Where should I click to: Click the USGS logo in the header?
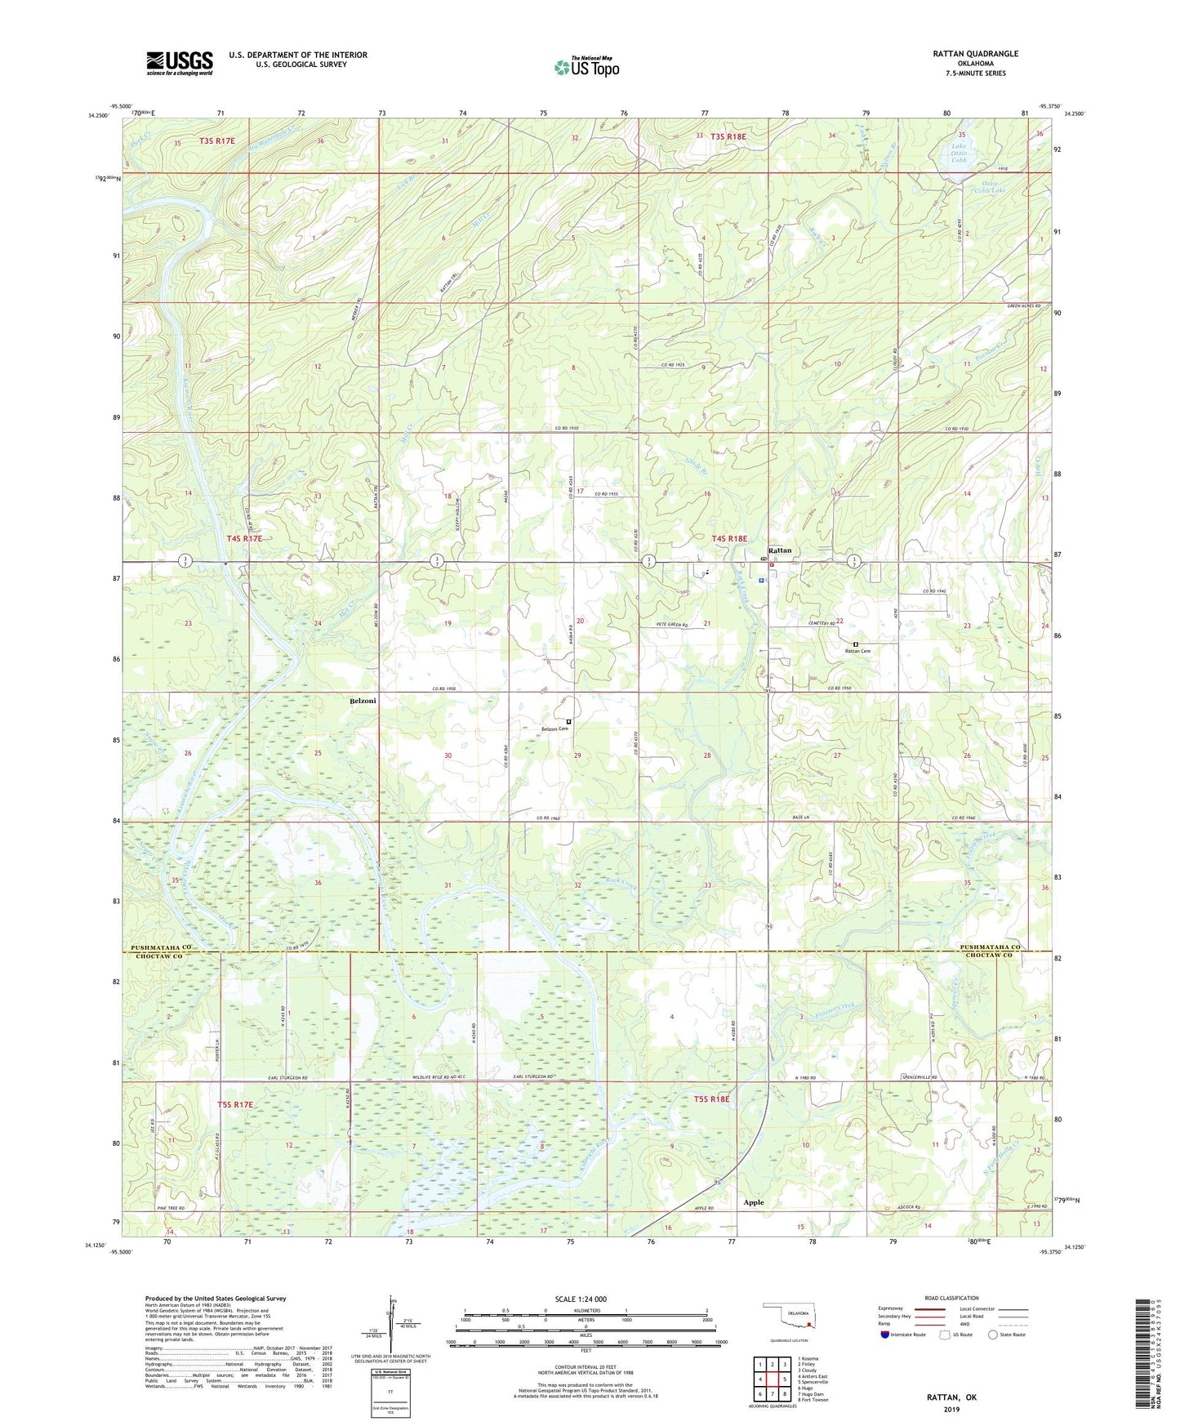click(180, 63)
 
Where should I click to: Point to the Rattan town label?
click(780, 550)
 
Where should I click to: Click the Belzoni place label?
click(363, 701)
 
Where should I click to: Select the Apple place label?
click(753, 1202)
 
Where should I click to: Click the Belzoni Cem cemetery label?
click(554, 729)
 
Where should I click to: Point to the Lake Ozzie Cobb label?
click(958, 154)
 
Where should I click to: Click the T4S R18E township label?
click(729, 538)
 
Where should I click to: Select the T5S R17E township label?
click(235, 1104)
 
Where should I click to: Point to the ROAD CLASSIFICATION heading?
click(951, 1298)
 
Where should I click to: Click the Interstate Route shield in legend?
click(885, 1335)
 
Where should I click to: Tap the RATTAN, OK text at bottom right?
click(951, 1397)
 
